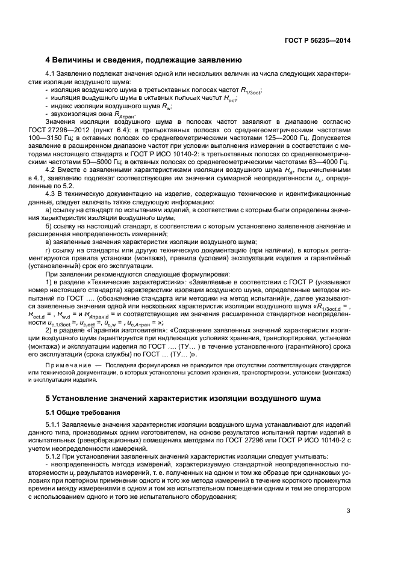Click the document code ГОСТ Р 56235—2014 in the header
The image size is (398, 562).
[317, 40]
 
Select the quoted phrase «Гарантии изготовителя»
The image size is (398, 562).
[134, 330]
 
